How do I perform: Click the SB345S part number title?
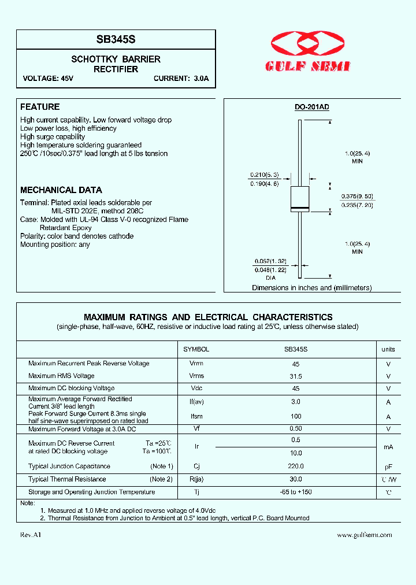[116, 40]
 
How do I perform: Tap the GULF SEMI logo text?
[307, 66]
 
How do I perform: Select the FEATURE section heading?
[40, 107]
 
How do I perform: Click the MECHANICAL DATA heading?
[61, 190]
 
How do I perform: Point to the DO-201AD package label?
[311, 107]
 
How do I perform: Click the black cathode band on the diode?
[300, 207]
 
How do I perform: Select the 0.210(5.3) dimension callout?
[264, 175]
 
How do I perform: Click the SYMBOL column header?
[196, 349]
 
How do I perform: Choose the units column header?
[388, 349]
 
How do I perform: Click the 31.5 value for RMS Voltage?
[296, 376]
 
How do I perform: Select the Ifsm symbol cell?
[196, 417]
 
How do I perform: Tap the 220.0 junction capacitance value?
[296, 466]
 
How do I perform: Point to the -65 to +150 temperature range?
[296, 492]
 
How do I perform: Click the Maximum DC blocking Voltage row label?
[71, 388]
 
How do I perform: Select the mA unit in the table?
[388, 446]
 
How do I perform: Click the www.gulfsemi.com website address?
[364, 535]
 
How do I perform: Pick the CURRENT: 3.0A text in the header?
[181, 79]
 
